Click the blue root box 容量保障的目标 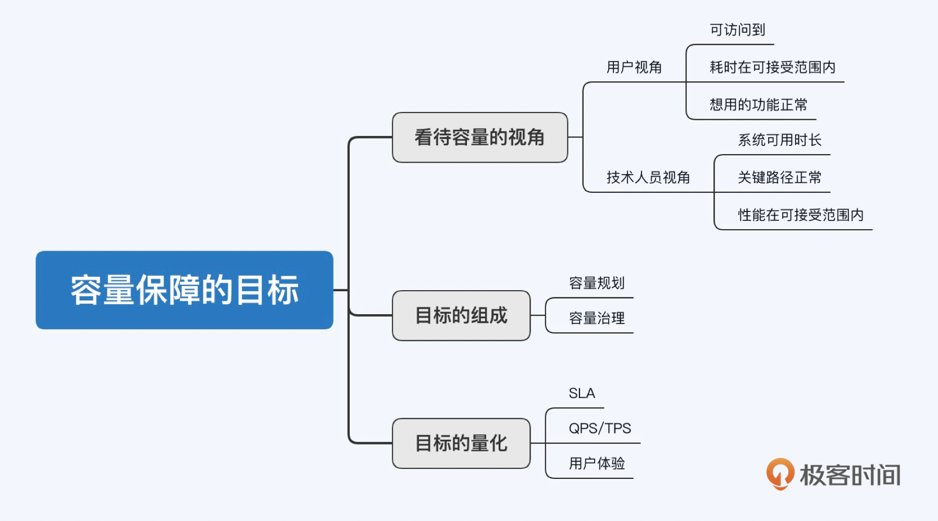click(x=184, y=290)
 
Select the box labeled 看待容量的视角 click(x=479, y=138)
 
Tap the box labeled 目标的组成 click(x=461, y=316)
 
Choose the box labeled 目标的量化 click(x=461, y=443)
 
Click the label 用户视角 click(x=634, y=67)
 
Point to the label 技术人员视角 click(x=648, y=178)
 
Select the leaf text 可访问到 click(x=737, y=30)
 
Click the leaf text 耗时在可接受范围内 click(x=772, y=67)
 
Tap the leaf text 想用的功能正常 click(x=758, y=105)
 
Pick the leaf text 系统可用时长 click(x=780, y=140)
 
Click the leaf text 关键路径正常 click(x=780, y=178)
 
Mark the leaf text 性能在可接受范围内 click(x=800, y=215)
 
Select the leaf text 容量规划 click(x=597, y=283)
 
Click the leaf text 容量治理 click(x=597, y=318)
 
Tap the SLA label click(x=582, y=393)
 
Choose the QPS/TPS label click(x=600, y=428)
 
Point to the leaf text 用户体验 click(x=597, y=463)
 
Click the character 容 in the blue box click(x=87, y=290)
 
